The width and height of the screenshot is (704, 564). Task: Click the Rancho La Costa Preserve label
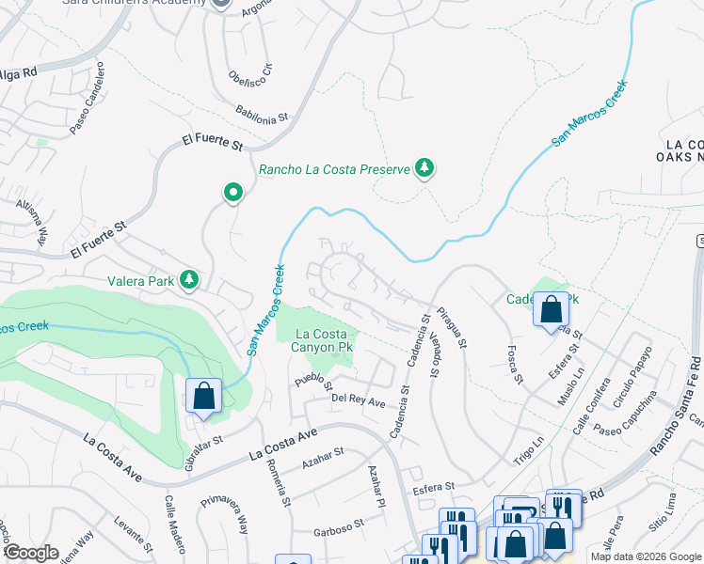point(334,170)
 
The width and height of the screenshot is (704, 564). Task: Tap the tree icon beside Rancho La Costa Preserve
point(425,168)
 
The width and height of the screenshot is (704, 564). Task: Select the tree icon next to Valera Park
point(190,279)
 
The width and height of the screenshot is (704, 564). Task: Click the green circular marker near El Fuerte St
point(232,194)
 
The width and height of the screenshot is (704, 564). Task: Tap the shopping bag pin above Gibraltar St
point(203,397)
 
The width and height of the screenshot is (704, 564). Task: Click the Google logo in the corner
point(31,553)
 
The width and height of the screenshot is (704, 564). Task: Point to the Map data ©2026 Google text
point(645,556)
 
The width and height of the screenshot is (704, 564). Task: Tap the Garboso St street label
point(339,524)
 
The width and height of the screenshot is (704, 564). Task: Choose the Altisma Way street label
point(36,225)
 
